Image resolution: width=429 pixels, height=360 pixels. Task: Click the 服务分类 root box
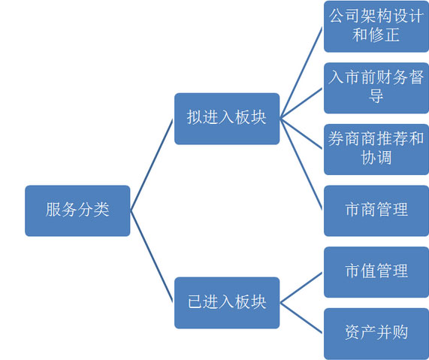click(77, 210)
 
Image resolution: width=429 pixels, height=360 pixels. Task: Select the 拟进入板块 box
click(227, 119)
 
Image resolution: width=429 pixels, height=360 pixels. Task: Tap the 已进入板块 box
click(227, 303)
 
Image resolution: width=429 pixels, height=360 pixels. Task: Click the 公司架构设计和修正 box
click(376, 26)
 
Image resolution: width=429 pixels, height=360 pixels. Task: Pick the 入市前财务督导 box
click(376, 88)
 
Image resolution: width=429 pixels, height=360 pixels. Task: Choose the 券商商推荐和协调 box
click(376, 150)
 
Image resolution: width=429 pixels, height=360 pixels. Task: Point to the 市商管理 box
click(376, 210)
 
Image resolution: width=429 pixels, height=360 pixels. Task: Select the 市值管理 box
click(376, 272)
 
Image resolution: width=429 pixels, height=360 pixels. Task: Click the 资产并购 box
click(376, 334)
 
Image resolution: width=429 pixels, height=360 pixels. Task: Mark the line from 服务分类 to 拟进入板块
click(152, 165)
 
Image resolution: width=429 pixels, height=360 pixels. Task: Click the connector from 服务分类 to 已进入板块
click(152, 256)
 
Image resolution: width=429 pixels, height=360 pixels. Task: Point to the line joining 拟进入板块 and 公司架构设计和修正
click(301, 73)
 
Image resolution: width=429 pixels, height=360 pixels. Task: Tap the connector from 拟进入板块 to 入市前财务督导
click(301, 103)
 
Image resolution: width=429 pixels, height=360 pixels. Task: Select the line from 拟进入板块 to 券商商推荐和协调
click(301, 134)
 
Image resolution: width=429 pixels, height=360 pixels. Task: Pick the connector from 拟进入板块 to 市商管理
click(301, 165)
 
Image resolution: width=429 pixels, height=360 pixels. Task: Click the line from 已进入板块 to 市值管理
click(301, 287)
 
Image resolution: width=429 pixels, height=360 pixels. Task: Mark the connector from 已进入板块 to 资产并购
click(301, 318)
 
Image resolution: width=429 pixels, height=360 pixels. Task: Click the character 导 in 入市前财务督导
click(376, 96)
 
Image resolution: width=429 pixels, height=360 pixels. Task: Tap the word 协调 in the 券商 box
click(376, 158)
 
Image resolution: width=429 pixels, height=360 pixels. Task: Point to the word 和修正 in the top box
click(376, 35)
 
